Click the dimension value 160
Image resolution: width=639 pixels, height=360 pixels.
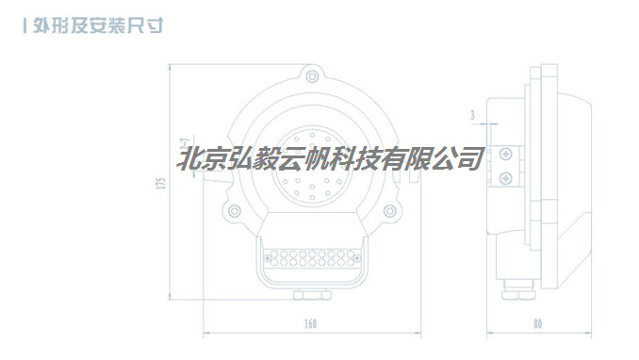coord(310,324)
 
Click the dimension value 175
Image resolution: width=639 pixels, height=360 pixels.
coord(161,184)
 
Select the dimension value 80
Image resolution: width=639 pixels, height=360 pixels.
coord(537,324)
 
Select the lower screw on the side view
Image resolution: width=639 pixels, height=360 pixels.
coord(507,176)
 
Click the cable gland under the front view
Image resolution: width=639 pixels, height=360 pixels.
coord(310,296)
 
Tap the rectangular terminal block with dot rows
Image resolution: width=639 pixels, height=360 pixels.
coord(310,257)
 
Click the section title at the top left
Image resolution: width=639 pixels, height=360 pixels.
coord(98,25)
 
